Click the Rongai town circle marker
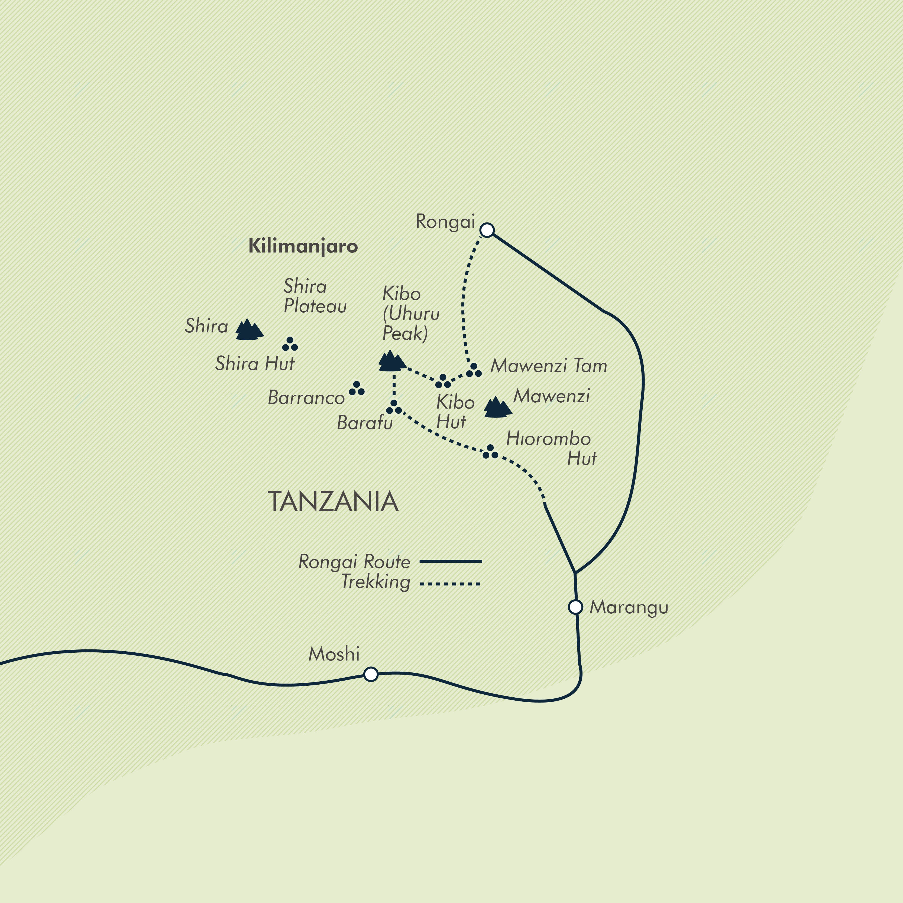tap(487, 230)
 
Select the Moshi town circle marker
tap(371, 674)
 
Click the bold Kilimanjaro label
tap(303, 246)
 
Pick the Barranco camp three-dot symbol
tap(357, 389)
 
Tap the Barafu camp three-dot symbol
tap(394, 407)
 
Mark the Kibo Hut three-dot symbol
tap(443, 381)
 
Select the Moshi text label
tap(334, 654)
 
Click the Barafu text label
tap(365, 423)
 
